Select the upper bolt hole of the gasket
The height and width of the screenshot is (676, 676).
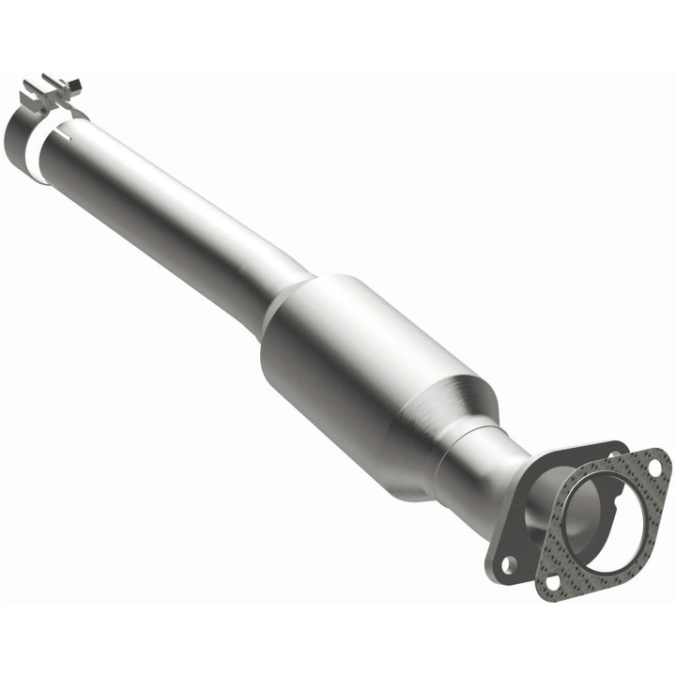pyautogui.click(x=653, y=467)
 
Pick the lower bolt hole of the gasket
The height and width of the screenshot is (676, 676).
pyautogui.click(x=551, y=582)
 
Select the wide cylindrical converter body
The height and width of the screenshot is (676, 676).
pyautogui.click(x=376, y=376)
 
